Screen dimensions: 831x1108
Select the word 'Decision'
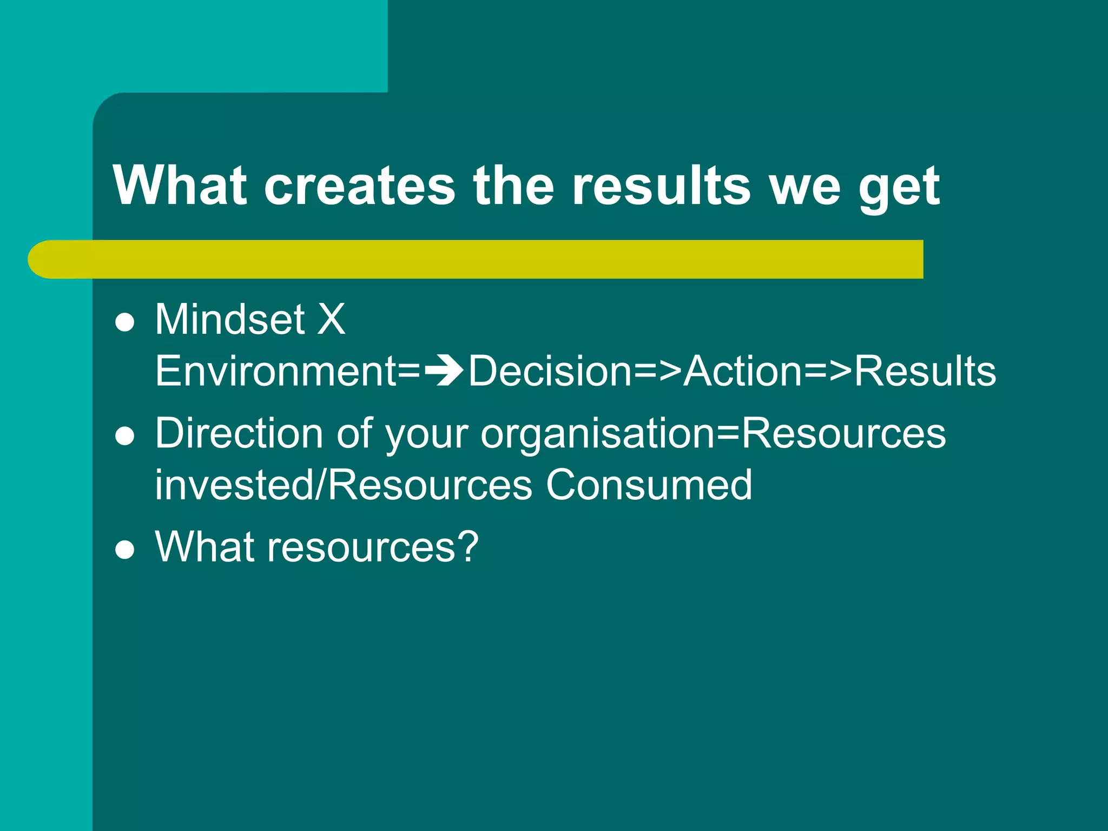550,371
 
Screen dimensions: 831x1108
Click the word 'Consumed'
649,485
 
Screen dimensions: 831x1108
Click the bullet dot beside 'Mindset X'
125,323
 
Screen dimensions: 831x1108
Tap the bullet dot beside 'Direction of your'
125,437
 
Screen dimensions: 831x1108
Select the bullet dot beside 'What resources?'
125,550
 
